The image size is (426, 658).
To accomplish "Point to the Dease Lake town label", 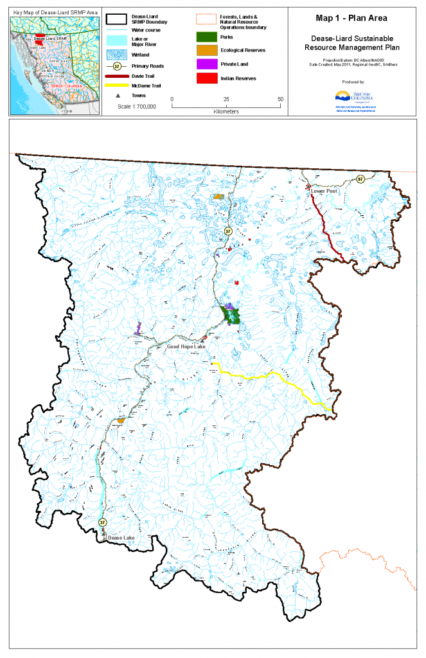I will pos(121,537).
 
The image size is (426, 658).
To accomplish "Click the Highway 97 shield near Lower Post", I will pos(360,179).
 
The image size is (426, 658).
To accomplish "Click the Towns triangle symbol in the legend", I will pos(117,94).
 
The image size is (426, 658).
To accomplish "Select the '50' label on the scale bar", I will pos(280,100).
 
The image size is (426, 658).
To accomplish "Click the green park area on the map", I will pos(231,316).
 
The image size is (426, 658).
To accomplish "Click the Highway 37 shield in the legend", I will pos(117,66).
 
